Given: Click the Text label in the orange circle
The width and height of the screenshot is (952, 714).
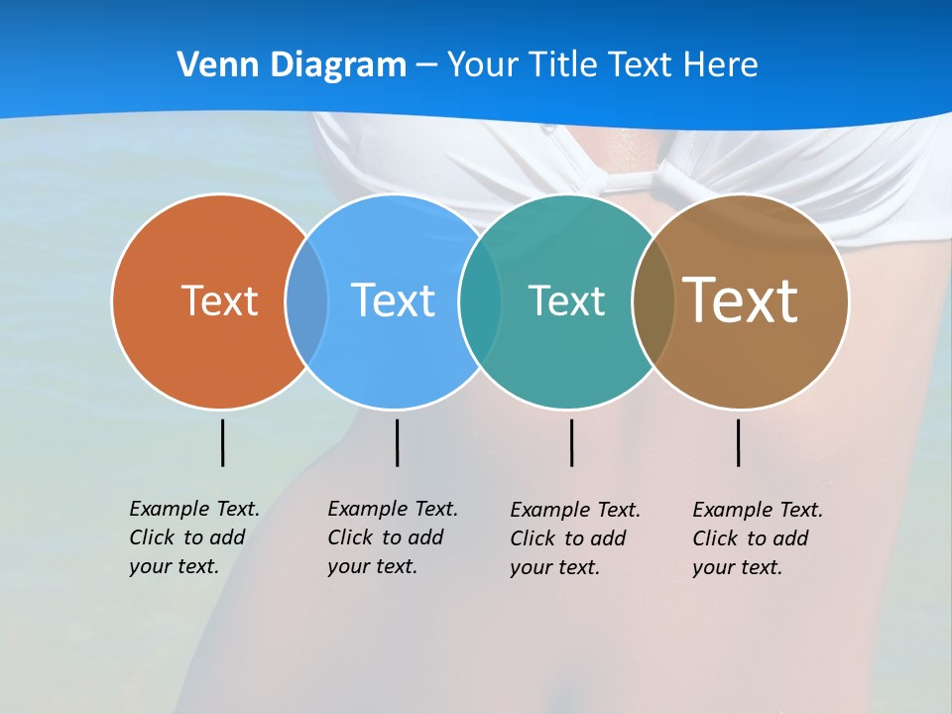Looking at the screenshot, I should pyautogui.click(x=219, y=300).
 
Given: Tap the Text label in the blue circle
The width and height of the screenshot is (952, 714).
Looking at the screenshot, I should pyautogui.click(x=393, y=300).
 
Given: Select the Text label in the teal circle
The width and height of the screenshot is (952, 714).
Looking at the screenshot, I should pyautogui.click(x=566, y=300).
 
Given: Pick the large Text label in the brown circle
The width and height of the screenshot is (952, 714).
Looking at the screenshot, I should pyautogui.click(x=741, y=299).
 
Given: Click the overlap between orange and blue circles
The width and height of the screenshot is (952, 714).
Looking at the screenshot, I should pyautogui.click(x=306, y=301).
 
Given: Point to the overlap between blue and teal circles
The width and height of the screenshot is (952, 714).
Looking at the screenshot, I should pyautogui.click(x=480, y=301).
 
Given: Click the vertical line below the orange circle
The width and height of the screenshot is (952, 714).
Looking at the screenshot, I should pyautogui.click(x=222, y=442).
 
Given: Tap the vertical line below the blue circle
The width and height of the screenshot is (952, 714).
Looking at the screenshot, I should pyautogui.click(x=397, y=442).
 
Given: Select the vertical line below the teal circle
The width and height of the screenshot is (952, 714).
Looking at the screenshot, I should pyautogui.click(x=571, y=442).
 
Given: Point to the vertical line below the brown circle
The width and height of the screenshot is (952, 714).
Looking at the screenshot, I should pyautogui.click(x=738, y=442).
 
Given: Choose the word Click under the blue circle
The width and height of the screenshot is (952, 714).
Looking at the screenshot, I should pyautogui.click(x=349, y=537).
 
